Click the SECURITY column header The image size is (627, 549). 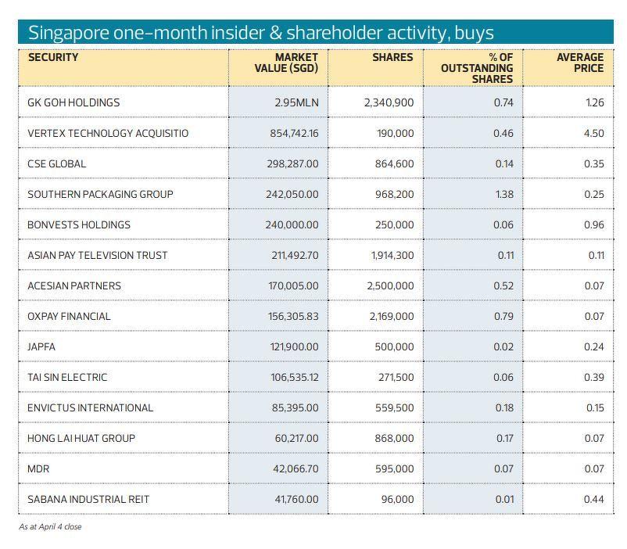pos(53,57)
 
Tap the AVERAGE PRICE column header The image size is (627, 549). pos(579,63)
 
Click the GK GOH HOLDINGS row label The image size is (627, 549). pos(73,102)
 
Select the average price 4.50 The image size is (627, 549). pos(593,133)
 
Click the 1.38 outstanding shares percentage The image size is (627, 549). pos(504,194)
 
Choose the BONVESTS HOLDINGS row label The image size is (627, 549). pos(79,224)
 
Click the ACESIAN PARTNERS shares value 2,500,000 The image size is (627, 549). pos(390,285)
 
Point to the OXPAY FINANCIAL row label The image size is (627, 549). pos(69,316)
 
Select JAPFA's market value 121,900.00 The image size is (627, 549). pos(294,346)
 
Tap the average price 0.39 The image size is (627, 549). pos(593,377)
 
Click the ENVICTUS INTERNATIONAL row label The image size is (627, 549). pos(90,407)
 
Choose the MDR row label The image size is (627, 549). pos(38,468)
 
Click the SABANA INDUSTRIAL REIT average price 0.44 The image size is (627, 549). pos(593,499)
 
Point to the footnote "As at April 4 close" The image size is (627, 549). pos(50,526)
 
